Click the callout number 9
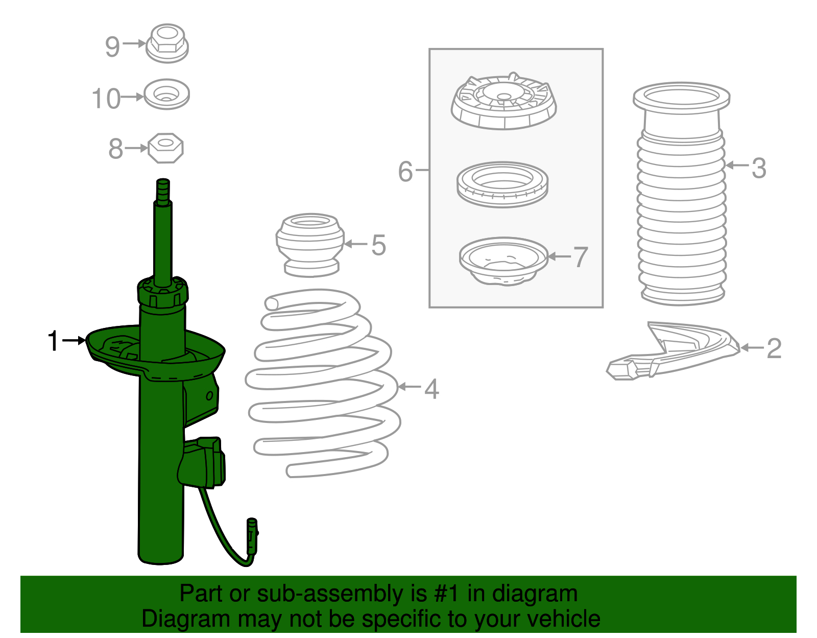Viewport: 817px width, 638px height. [112, 47]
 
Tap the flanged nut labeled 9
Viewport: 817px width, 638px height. [167, 43]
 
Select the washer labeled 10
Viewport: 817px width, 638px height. [167, 94]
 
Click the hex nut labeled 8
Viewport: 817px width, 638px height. [166, 148]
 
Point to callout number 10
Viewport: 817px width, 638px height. [106, 99]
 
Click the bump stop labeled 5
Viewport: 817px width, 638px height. [310, 245]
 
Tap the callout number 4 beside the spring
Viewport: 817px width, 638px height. [431, 389]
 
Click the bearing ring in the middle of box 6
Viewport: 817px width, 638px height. [502, 184]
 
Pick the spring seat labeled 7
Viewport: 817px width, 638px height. [503, 261]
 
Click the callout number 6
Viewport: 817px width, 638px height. [405, 172]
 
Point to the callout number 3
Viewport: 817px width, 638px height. [759, 168]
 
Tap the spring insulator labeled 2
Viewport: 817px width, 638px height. [673, 350]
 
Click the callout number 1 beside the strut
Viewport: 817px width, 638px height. [54, 341]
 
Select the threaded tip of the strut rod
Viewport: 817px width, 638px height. [163, 192]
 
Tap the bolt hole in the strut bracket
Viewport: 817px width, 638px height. [209, 395]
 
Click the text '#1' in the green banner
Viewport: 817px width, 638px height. [446, 594]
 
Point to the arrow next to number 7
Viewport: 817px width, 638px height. [560, 257]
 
